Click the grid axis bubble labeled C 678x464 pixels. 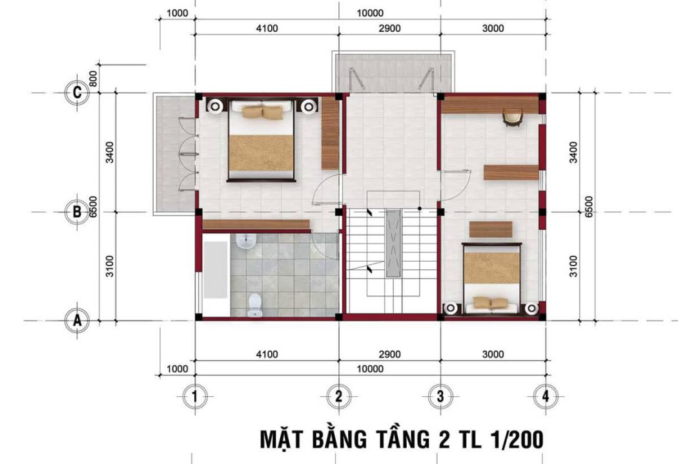tap(77, 92)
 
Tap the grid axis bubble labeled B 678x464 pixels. tap(77, 212)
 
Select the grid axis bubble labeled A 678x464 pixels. tap(77, 321)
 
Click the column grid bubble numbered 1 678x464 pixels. tap(195, 396)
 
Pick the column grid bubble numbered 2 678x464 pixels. tap(338, 396)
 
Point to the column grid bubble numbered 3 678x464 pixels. tap(440, 396)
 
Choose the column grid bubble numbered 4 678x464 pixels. tap(546, 396)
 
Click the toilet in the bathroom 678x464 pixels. tap(254, 305)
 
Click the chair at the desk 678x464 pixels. tap(513, 118)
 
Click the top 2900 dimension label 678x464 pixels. tap(389, 28)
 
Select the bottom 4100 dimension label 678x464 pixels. tap(267, 355)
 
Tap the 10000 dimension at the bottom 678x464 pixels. tap(370, 369)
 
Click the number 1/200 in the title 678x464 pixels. tap(517, 439)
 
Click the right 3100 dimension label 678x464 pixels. tap(573, 266)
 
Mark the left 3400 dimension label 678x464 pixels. tap(110, 153)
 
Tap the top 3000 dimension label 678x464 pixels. tap(493, 28)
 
